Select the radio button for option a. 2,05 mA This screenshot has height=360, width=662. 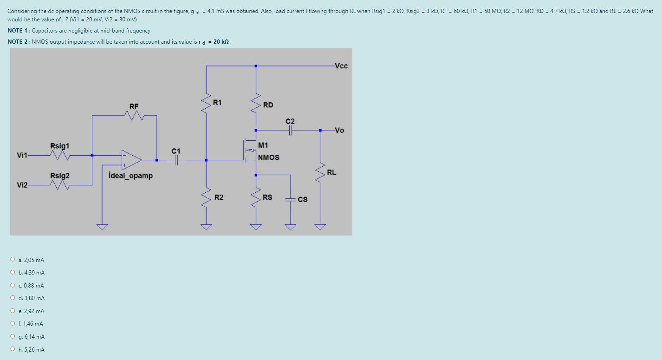[x=13, y=259]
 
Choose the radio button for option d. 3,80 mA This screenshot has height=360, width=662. [x=13, y=298]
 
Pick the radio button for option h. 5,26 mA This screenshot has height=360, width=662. [x=13, y=349]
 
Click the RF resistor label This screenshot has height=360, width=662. [x=134, y=106]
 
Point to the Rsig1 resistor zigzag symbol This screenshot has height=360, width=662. [x=60, y=155]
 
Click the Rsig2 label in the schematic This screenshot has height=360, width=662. [x=60, y=176]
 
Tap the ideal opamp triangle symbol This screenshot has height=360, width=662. [x=131, y=160]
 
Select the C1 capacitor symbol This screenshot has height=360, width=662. [x=176, y=160]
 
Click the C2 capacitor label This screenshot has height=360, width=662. [x=290, y=121]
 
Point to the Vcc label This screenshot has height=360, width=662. [x=341, y=66]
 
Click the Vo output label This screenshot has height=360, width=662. [x=339, y=130]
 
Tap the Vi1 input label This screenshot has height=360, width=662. [x=22, y=155]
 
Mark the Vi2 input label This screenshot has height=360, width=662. [x=22, y=185]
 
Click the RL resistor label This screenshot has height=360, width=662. [x=331, y=172]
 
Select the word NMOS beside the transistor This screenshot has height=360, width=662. [x=268, y=157]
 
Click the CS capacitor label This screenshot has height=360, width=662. [x=303, y=199]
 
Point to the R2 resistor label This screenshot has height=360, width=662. [x=219, y=197]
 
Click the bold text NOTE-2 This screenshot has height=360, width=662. [x=18, y=42]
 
